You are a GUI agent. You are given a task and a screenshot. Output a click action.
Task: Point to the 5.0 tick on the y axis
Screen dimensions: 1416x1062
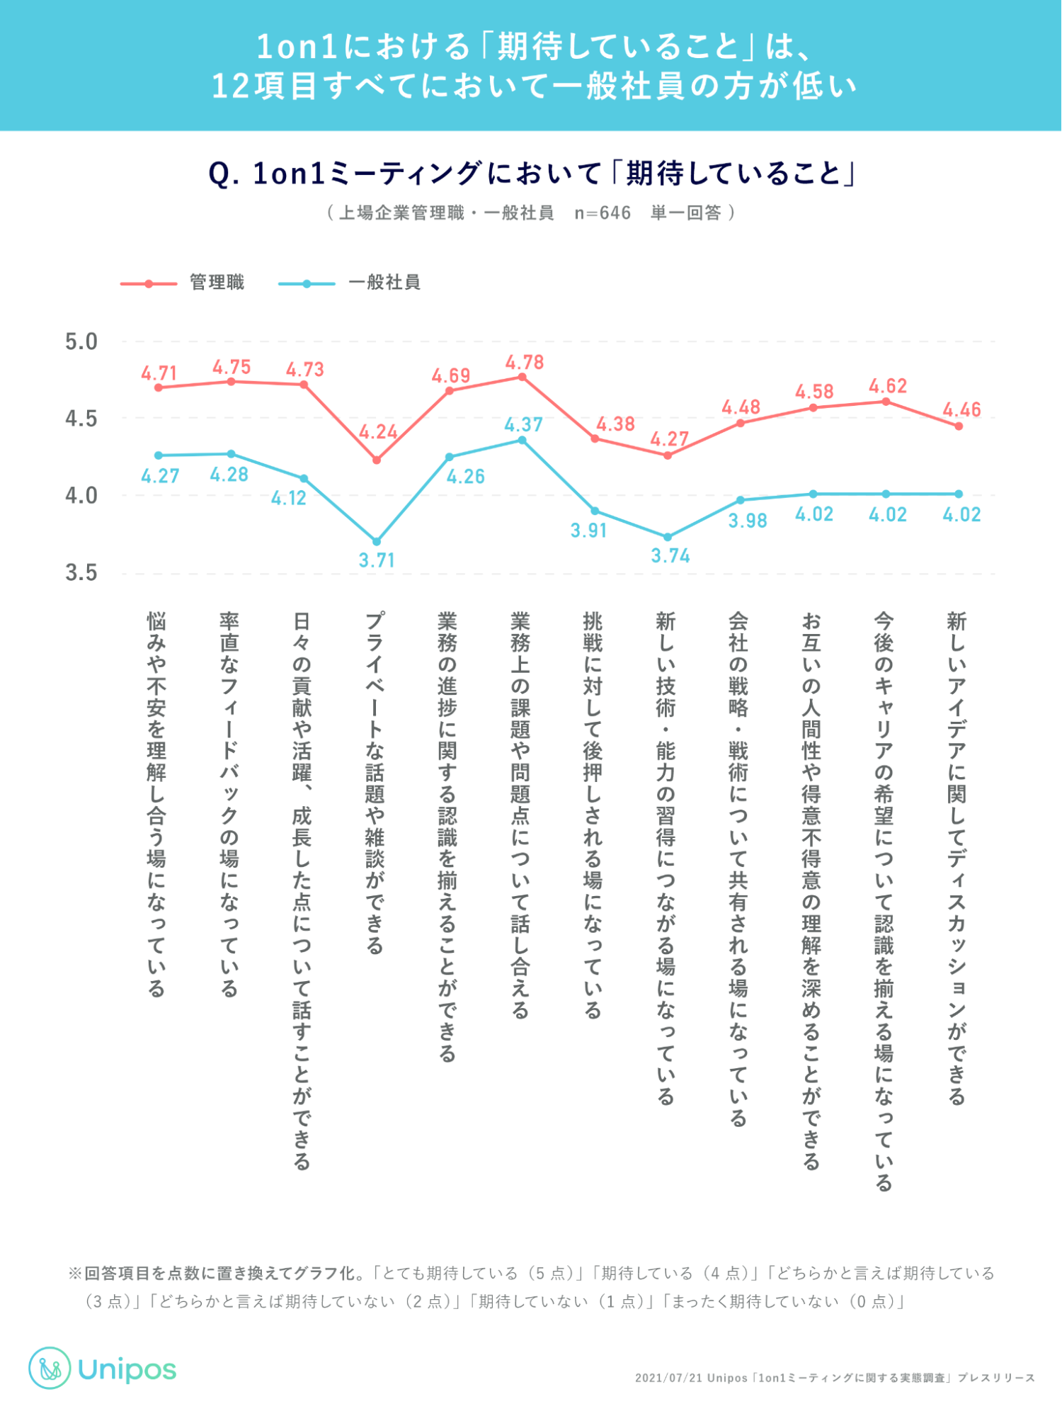tap(81, 342)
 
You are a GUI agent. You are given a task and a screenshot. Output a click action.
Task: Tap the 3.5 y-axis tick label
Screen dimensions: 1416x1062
tap(81, 572)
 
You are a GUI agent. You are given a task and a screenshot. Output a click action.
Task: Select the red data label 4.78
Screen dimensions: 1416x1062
tap(525, 363)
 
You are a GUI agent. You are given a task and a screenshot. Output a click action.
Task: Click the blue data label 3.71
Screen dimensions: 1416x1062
tap(377, 560)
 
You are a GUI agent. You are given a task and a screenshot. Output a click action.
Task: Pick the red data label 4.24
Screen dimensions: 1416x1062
tap(378, 432)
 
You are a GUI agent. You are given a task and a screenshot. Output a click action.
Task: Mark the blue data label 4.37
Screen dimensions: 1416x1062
tap(523, 425)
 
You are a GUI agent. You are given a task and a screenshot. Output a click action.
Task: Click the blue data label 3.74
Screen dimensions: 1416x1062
tap(670, 556)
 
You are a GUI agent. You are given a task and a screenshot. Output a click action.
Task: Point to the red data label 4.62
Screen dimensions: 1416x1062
tap(888, 386)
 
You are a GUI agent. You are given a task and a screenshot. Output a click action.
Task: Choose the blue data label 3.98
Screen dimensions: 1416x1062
tap(748, 521)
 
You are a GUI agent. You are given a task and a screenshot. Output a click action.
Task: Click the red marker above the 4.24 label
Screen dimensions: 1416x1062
tap(377, 460)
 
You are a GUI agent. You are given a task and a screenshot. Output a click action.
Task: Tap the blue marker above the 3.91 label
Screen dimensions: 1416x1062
tap(595, 511)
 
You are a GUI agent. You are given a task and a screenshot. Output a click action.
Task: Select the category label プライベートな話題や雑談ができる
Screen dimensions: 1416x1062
tap(375, 783)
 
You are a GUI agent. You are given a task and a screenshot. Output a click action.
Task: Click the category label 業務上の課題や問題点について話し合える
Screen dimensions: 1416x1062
tap(520, 815)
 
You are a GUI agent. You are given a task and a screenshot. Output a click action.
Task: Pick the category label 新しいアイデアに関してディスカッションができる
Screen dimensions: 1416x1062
tap(957, 858)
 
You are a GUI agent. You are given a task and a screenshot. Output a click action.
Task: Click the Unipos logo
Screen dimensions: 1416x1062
tap(103, 1369)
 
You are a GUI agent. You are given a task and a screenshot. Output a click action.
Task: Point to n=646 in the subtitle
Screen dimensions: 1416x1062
tap(603, 213)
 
